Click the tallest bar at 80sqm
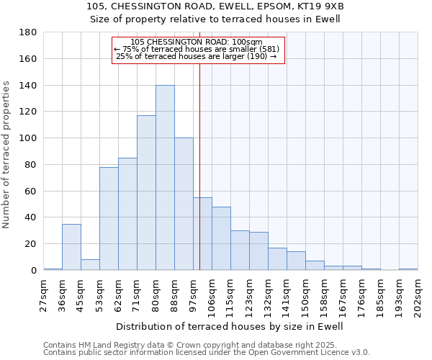pos(165,178)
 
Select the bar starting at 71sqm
pos(146,193)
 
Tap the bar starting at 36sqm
pos(71,247)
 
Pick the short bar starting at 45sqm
pos(90,265)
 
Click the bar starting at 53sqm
pos(109,219)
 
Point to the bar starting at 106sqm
pos(221,238)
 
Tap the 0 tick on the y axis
pos(33,271)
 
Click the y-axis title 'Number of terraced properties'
pos(6,155)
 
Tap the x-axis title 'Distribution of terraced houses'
pos(230,326)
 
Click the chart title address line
pos(215,6)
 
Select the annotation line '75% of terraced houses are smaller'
pos(199,49)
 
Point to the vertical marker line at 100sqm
pos(199,166)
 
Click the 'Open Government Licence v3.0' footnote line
pos(206,353)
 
